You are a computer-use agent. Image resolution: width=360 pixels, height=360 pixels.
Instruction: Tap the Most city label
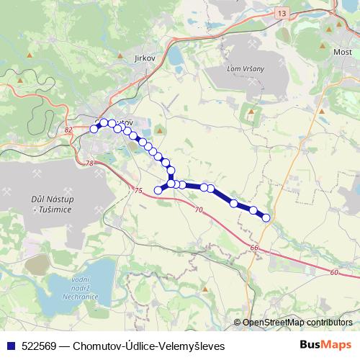341,54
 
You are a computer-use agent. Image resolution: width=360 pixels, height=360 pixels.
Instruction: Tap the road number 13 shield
282,14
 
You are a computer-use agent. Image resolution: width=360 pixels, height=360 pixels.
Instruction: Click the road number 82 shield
68,130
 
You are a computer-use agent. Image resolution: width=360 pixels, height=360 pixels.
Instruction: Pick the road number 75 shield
138,190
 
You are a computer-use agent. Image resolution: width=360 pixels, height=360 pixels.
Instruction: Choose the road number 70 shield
199,210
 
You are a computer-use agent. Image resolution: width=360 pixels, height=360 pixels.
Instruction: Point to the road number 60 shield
334,272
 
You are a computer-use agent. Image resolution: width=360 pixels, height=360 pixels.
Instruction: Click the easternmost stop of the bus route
266,217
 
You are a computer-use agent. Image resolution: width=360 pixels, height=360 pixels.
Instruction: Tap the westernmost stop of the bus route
94,129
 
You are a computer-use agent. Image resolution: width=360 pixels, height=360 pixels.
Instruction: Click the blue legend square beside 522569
9,346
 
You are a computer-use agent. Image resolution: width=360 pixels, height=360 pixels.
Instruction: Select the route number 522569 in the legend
40,346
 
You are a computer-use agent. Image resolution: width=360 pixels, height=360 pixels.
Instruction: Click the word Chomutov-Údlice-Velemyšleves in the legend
149,346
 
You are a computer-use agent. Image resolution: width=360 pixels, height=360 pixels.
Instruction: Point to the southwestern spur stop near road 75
158,189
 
